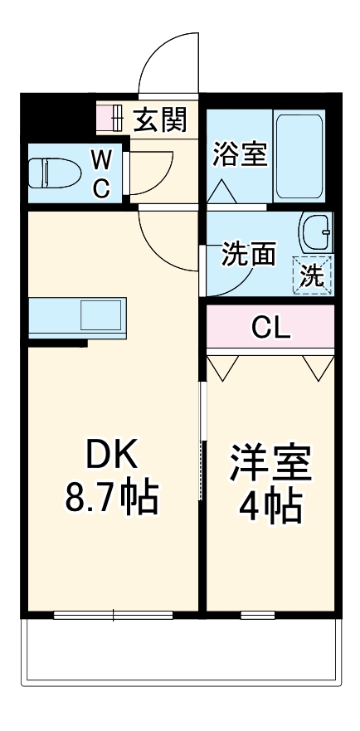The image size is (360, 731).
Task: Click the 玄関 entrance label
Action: (160, 120)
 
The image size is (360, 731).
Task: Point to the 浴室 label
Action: (241, 155)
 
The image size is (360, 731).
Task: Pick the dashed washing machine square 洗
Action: (313, 275)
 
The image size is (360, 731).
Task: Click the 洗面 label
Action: (248, 255)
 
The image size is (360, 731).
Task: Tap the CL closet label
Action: (271, 329)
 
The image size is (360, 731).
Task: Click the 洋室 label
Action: (271, 462)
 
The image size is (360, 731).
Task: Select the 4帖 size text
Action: (271, 506)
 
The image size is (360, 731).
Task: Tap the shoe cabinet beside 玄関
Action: (110, 119)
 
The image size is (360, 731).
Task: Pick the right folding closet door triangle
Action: (319, 367)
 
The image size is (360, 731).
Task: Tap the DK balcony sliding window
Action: (113, 616)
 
